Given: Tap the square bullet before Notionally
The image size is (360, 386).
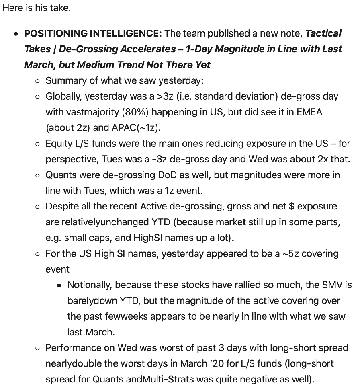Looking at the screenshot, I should click(59, 285).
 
